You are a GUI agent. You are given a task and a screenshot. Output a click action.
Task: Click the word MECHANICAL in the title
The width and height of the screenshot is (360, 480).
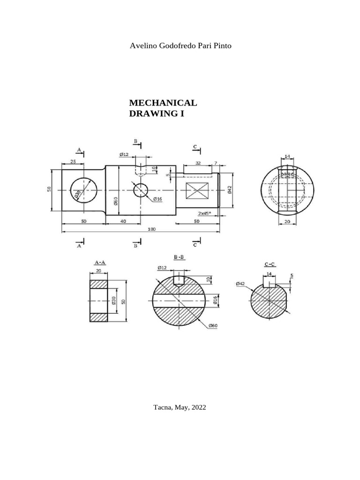pos(163,103)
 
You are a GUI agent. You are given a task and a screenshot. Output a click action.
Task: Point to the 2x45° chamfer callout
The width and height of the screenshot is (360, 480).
pos(204,213)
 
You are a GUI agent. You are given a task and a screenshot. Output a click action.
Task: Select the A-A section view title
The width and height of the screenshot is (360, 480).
pos(100,262)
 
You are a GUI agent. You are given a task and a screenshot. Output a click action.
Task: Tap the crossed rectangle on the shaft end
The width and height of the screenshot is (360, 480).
pos(197,191)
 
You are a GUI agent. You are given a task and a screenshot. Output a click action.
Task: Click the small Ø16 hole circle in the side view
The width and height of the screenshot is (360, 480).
pos(141,190)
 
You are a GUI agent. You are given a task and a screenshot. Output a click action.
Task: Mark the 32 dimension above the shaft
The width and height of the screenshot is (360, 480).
pos(198,163)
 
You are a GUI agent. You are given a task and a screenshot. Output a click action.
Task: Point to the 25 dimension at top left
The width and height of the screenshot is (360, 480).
pos(73,161)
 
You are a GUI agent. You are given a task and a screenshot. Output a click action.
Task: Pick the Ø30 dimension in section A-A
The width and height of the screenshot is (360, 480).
pos(114,300)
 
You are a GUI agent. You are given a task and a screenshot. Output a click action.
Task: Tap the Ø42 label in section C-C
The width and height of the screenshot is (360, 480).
pos(240,284)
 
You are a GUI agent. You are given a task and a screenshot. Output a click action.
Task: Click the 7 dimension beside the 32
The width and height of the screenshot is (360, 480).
pos(216,163)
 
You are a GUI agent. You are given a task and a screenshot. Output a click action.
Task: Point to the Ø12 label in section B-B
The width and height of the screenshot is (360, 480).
pos(162,268)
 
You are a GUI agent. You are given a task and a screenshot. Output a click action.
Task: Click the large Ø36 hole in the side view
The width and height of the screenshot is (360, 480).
pos(83,191)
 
